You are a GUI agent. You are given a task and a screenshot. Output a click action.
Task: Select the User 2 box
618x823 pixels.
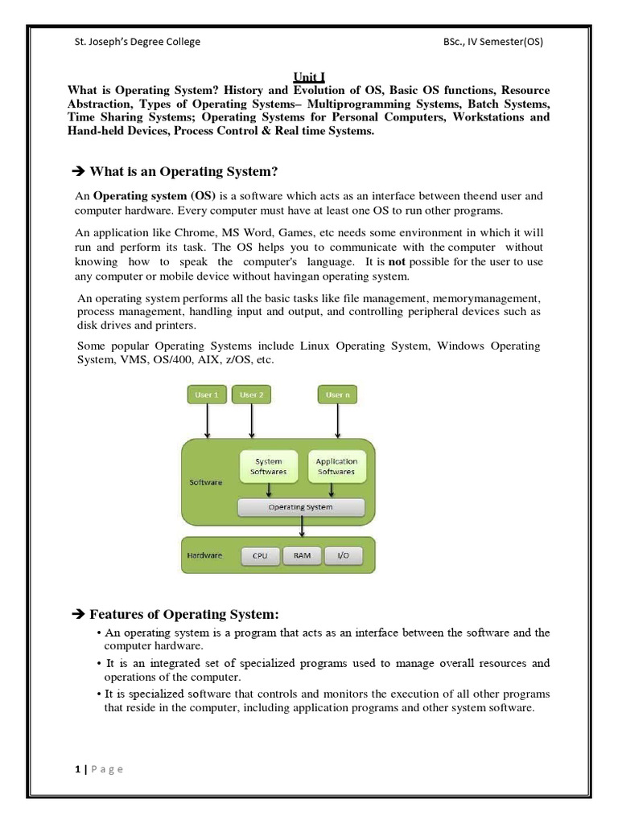[252, 395]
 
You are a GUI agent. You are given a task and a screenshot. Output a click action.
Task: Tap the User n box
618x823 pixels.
[337, 395]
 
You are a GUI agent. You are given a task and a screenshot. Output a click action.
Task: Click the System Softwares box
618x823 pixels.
[268, 466]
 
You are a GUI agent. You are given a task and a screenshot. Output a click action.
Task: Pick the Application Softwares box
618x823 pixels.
[336, 466]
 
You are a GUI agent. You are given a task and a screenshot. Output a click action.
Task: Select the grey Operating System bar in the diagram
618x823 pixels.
[301, 507]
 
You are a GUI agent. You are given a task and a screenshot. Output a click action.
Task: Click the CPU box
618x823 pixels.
[259, 555]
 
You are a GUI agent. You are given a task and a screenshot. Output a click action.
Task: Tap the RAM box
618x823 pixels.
[302, 555]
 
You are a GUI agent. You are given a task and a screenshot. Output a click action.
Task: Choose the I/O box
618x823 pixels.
[343, 555]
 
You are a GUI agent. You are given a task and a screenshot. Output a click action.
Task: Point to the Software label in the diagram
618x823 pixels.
[205, 482]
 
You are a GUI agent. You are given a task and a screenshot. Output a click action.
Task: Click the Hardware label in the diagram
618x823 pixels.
[205, 555]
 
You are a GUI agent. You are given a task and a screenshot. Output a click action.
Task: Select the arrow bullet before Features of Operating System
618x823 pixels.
[78, 615]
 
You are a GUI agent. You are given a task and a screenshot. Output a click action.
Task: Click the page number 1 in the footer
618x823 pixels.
[77, 769]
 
